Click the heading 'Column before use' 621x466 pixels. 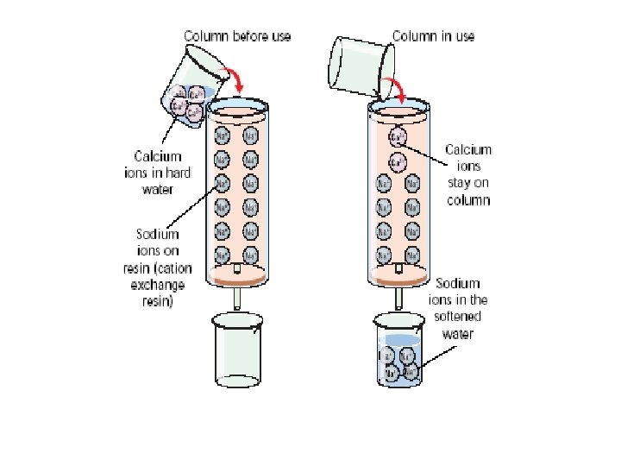point(236,36)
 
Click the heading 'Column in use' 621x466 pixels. point(433,36)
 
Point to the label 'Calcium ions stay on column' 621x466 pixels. point(468,175)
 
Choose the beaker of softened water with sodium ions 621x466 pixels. point(398,354)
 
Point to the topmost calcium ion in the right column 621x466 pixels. point(398,136)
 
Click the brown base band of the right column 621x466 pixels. point(398,280)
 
